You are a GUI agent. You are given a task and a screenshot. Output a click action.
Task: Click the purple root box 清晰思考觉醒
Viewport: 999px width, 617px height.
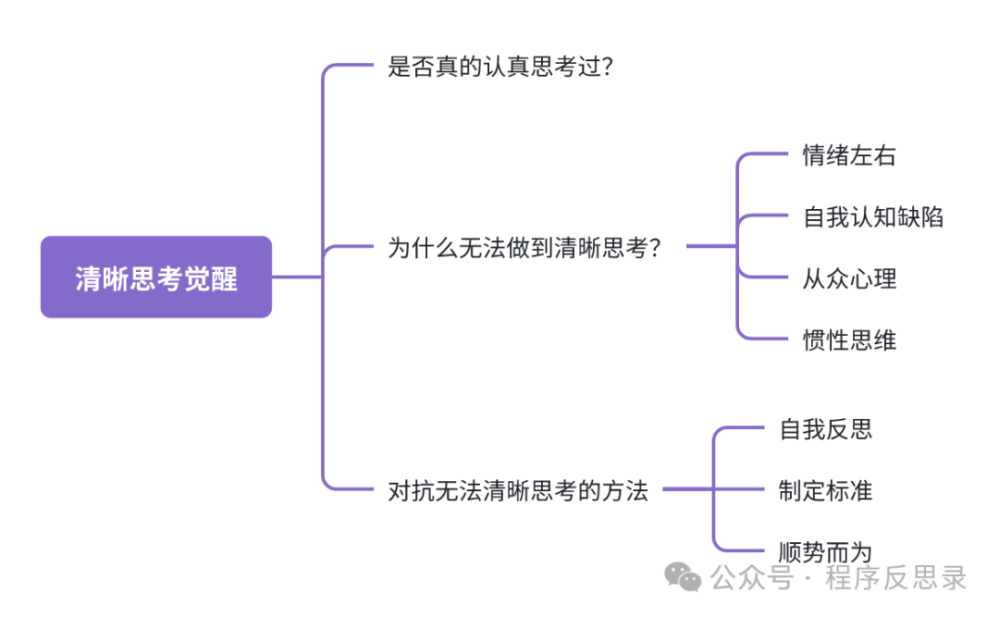[x=155, y=277]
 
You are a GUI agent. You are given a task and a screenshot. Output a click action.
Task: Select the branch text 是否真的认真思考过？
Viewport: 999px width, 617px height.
[x=499, y=67]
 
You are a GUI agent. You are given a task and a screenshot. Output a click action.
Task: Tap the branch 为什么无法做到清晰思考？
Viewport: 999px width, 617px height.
[x=524, y=248]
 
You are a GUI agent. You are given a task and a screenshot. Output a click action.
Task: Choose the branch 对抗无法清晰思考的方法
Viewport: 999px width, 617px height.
[x=518, y=490]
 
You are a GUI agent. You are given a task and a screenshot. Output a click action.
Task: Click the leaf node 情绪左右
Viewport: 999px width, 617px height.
[x=849, y=155]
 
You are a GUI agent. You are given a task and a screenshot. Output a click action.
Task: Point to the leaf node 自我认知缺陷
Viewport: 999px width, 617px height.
[x=873, y=216]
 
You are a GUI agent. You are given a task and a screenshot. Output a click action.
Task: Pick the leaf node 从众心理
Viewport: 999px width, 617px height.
[x=849, y=278]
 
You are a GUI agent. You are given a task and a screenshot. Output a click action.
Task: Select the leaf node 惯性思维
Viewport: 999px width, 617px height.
[x=849, y=339]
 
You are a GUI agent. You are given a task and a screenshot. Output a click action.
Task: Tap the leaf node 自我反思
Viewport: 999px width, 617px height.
[x=826, y=429]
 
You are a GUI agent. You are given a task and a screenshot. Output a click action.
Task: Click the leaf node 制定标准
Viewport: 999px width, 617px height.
[x=826, y=490]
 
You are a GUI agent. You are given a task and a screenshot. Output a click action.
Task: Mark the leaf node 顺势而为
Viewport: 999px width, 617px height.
[x=826, y=552]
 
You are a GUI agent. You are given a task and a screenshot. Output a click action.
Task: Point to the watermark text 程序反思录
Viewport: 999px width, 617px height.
[x=896, y=579]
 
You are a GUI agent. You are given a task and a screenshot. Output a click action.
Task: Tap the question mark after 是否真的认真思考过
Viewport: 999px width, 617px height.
[x=606, y=67]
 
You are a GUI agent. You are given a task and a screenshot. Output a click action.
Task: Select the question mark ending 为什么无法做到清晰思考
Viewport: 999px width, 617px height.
[x=654, y=248]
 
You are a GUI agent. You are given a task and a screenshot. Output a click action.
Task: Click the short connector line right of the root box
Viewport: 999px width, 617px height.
[x=296, y=277]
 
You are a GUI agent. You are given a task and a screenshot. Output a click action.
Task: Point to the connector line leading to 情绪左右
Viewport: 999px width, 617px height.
[x=763, y=155]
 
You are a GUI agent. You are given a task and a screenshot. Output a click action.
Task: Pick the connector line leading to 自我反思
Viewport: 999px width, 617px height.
[x=740, y=429]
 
